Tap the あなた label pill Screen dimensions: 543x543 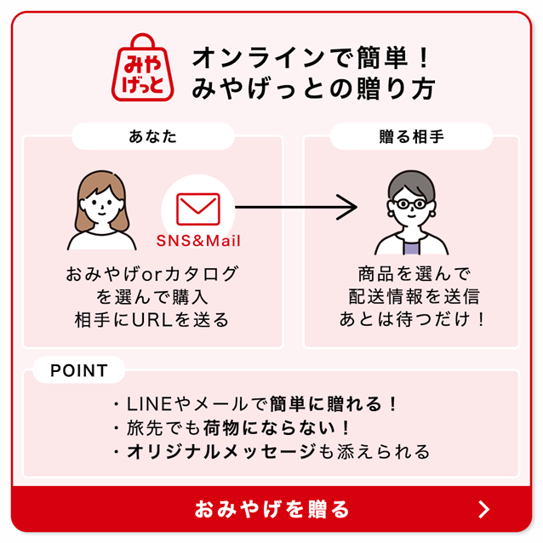tap(153, 136)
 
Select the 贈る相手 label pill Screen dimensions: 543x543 tap(411, 136)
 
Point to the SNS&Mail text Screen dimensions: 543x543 tap(198, 241)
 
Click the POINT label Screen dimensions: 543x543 tap(79, 370)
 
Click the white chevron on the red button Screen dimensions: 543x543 tap(483, 509)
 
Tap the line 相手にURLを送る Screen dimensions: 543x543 tap(152, 321)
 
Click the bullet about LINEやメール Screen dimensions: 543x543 tap(255, 404)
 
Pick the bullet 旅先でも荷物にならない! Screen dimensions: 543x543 tap(231, 428)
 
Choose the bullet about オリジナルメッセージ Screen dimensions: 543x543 tap(271, 452)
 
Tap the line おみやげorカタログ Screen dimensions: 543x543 tap(152, 274)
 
